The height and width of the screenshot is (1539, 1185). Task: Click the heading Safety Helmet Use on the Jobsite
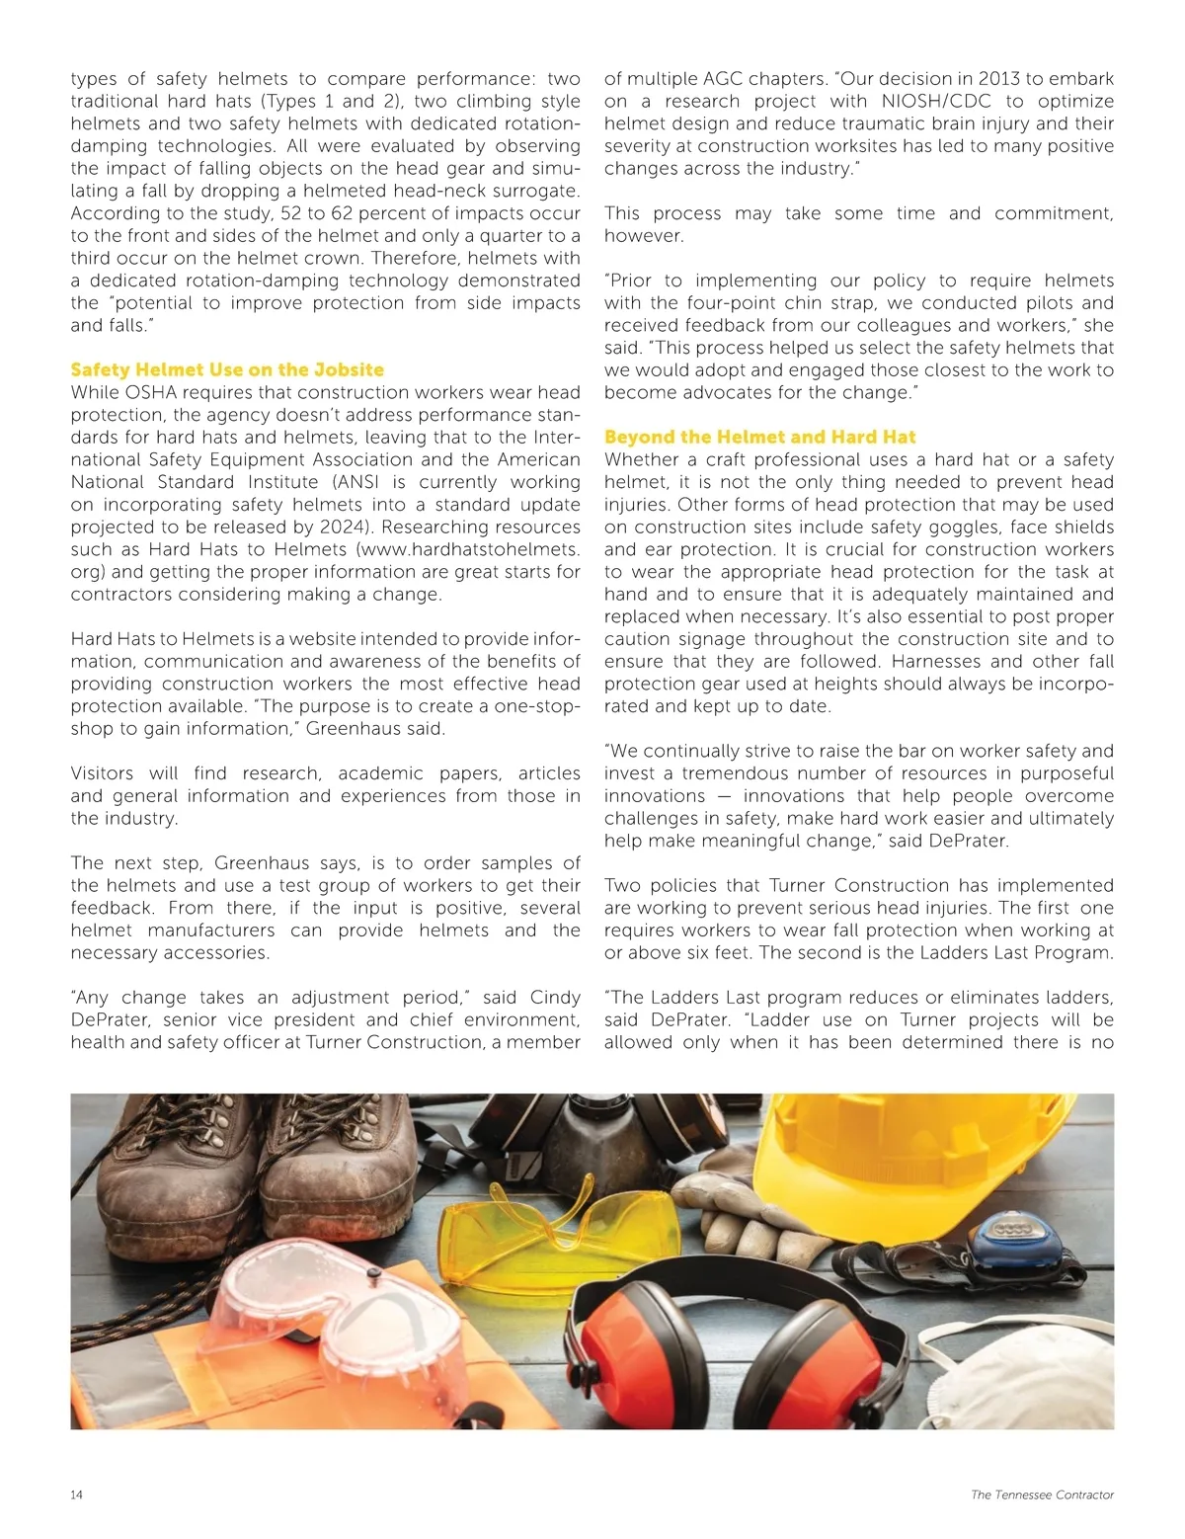point(227,369)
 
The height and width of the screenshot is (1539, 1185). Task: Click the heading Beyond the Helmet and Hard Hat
point(759,437)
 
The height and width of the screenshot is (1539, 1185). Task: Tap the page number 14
point(77,1495)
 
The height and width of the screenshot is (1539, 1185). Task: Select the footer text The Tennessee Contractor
point(1042,1495)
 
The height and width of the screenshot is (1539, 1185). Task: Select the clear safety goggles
point(336,1304)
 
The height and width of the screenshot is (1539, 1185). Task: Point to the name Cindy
point(555,998)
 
